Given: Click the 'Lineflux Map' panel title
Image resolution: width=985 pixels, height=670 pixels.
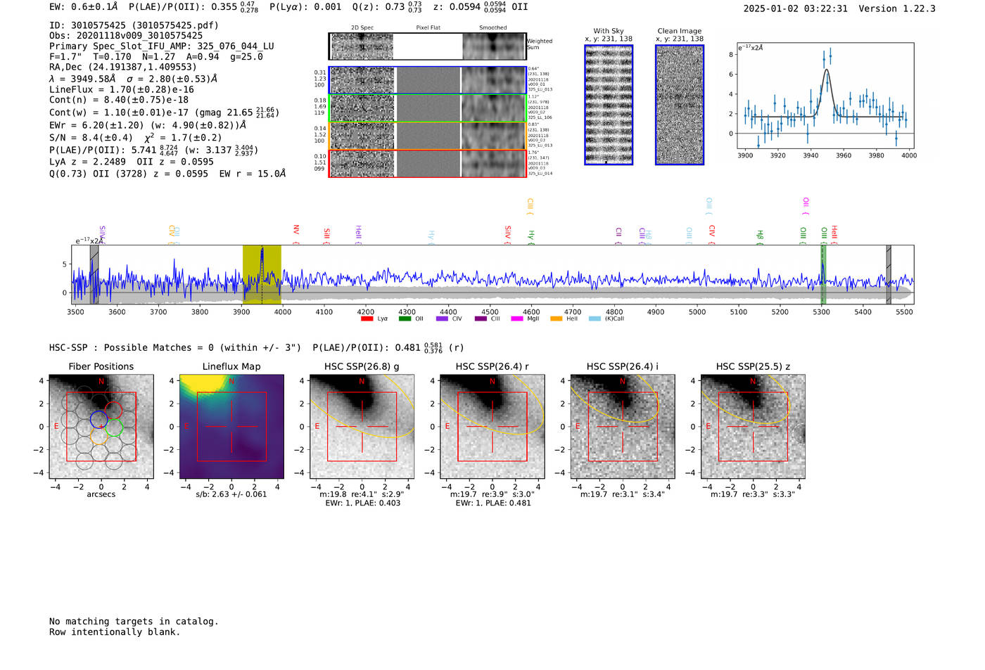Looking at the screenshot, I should click(231, 366).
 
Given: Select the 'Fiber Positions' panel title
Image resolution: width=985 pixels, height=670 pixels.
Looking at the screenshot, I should click(101, 366).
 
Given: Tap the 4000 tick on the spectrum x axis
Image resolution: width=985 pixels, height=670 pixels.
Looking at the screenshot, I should click(282, 311).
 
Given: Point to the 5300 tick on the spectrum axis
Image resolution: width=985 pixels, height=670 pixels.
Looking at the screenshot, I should click(821, 311).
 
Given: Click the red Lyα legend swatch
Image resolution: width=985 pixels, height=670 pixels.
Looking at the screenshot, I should click(367, 318).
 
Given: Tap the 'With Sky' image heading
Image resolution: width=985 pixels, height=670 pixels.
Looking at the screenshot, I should click(608, 31).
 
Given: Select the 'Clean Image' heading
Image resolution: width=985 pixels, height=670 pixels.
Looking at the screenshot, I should click(679, 31).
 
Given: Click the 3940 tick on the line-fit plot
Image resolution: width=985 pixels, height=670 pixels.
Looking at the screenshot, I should click(811, 155).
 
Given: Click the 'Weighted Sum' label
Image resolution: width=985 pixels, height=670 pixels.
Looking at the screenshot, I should click(540, 44).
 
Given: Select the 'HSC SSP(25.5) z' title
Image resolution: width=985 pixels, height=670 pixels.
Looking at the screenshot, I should click(753, 366).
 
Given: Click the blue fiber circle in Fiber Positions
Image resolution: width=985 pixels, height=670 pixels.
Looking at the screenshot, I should click(99, 420).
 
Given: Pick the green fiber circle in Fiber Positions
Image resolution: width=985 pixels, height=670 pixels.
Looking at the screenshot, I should click(114, 427).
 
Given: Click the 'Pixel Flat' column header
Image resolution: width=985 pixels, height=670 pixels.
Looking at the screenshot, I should click(428, 28).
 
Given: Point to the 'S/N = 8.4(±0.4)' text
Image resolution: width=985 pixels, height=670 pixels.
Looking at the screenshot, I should click(91, 138).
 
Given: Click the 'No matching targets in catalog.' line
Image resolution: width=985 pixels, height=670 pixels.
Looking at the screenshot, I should click(134, 621).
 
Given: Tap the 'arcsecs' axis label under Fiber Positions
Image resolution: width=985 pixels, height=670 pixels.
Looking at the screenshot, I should click(101, 494).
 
